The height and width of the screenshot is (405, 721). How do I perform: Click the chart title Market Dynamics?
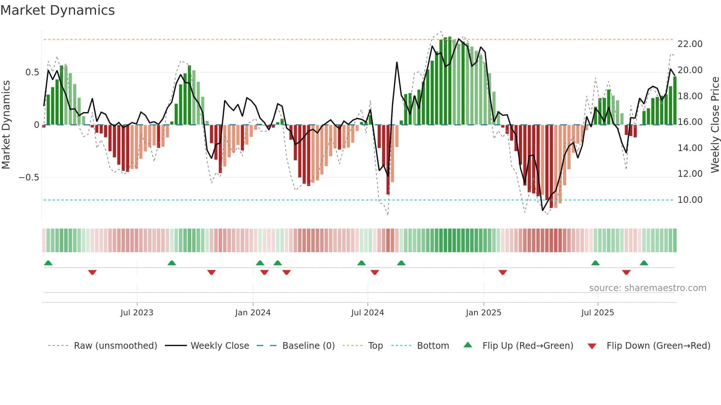(57, 10)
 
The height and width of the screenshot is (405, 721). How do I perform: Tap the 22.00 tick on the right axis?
(690, 44)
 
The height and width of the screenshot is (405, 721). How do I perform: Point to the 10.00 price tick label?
(690, 200)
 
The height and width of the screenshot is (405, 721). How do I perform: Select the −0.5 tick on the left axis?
(29, 178)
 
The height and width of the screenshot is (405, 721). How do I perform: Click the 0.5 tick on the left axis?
(32, 72)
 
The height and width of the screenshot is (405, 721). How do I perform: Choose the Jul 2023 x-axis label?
(137, 313)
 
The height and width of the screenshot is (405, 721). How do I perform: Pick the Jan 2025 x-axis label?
(483, 313)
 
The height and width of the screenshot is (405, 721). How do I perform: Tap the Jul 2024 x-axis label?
(367, 313)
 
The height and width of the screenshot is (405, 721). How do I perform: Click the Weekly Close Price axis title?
(715, 125)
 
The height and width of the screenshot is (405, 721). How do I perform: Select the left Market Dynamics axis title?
(6, 125)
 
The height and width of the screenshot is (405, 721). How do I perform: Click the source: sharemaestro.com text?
(647, 288)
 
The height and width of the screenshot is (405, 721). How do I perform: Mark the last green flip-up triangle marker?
(644, 263)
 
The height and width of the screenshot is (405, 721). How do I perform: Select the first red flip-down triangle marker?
(92, 272)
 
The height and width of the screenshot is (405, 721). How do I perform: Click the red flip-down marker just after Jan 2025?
(503, 272)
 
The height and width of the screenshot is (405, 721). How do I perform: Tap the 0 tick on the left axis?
(36, 125)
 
